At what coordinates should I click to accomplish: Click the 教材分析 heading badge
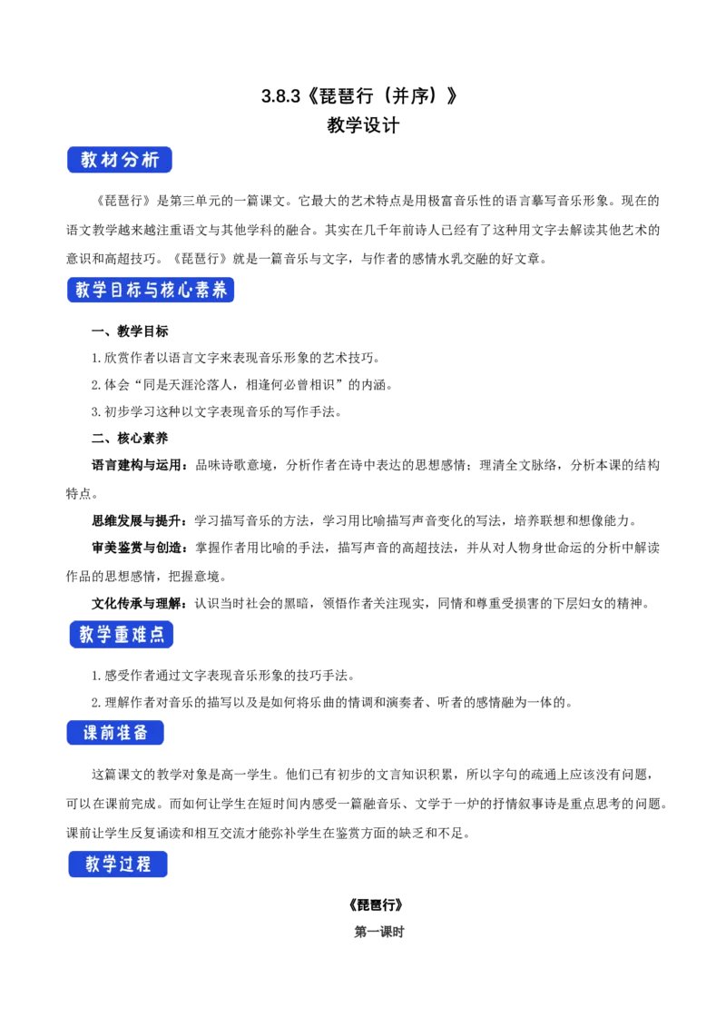(x=120, y=160)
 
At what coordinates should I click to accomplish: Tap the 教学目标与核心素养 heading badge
(x=152, y=291)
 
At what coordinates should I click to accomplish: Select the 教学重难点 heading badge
(x=120, y=635)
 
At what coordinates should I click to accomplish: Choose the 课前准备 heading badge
(x=116, y=733)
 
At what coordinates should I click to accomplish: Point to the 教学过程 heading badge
(x=118, y=865)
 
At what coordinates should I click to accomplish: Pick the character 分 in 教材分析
(x=129, y=160)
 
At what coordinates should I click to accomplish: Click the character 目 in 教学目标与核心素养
(x=119, y=291)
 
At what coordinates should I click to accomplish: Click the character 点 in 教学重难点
(x=155, y=635)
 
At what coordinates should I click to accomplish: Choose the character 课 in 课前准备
(x=91, y=733)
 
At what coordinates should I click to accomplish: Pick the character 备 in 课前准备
(x=141, y=733)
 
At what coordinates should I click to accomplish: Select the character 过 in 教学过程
(x=129, y=865)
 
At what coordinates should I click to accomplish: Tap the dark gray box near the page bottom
(x=377, y=934)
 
